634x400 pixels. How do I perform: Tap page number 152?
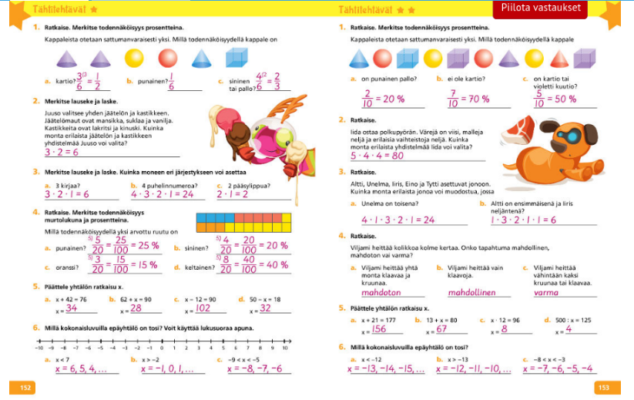[25, 387]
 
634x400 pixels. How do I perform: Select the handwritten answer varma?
[546, 293]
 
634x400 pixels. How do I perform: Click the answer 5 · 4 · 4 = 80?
[377, 155]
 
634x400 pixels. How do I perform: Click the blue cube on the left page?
[235, 58]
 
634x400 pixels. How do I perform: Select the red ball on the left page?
[169, 58]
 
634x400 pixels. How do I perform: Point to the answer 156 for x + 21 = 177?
[378, 329]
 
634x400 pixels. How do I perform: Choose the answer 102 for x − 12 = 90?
[204, 308]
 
